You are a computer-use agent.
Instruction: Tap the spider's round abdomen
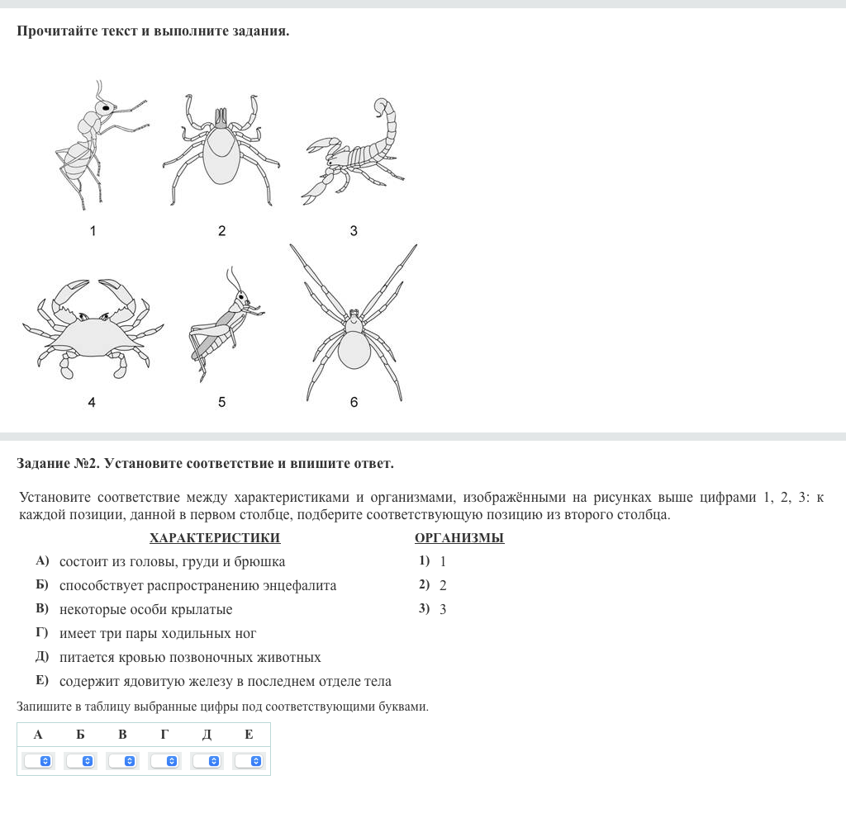click(x=354, y=349)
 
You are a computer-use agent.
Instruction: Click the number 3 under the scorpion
click(x=354, y=231)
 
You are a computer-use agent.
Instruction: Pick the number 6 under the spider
click(x=354, y=403)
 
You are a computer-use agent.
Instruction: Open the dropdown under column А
click(x=39, y=761)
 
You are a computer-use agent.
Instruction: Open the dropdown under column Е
click(x=249, y=761)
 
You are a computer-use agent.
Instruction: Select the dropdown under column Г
click(x=164, y=761)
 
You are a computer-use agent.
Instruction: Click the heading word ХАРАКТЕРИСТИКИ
click(x=215, y=538)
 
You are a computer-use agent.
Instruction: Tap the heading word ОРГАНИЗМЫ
click(x=459, y=538)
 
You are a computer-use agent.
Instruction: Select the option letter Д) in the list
click(x=42, y=658)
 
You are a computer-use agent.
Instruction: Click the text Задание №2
click(x=57, y=464)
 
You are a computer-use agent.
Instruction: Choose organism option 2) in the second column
click(x=425, y=585)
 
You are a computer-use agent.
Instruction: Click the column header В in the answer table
click(x=122, y=735)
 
